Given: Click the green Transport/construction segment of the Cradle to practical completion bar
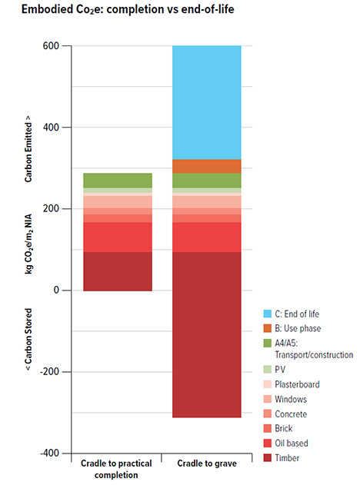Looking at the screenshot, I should [x=117, y=181].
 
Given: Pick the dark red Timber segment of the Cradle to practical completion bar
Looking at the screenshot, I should [x=117, y=271].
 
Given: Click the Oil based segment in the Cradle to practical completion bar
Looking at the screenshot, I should [x=117, y=237].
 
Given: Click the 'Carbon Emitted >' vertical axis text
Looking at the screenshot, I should [x=28, y=151].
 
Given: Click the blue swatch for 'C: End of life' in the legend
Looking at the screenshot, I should [x=267, y=314].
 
